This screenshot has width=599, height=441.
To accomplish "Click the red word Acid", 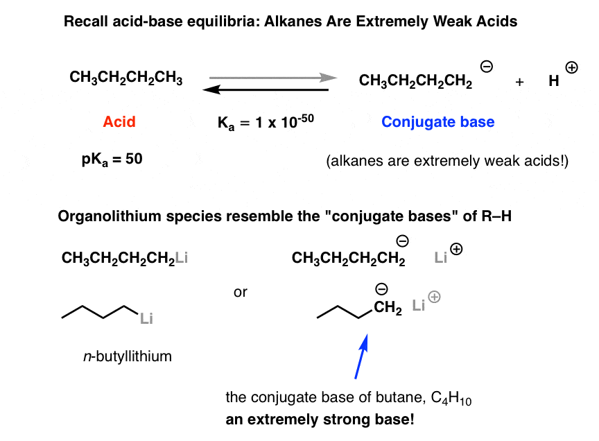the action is click(119, 121).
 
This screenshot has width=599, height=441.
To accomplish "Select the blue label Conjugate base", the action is click(437, 122).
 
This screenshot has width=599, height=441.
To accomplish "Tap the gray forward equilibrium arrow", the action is click(273, 78).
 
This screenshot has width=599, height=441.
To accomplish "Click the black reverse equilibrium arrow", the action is click(266, 90).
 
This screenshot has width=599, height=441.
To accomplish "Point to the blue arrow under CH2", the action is click(361, 356).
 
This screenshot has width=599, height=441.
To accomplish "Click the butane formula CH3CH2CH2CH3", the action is click(125, 78).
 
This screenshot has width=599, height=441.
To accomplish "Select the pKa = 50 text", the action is click(112, 159).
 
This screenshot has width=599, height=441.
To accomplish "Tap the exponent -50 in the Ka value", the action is click(305, 119).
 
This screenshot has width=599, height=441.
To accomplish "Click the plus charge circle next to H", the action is click(571, 68).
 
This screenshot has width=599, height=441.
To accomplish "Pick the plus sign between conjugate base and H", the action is click(519, 82).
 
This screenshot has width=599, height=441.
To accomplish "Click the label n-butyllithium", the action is click(128, 356).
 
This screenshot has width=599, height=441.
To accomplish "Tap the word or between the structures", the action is click(241, 293).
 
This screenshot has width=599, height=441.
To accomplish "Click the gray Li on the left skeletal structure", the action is click(146, 318).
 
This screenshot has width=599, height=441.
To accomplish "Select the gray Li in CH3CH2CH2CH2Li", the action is click(182, 257).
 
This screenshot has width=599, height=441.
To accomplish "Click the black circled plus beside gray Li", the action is click(456, 249).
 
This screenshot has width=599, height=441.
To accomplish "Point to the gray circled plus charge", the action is click(435, 297).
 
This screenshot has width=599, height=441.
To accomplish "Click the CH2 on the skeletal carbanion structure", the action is click(388, 307).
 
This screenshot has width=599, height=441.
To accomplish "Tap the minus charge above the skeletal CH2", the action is click(381, 289).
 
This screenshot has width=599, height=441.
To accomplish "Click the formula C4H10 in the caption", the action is click(451, 398).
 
